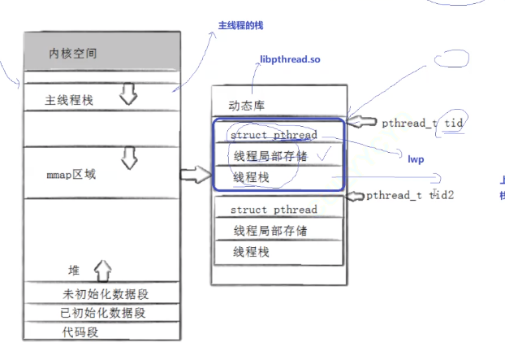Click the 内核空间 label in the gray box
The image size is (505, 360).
click(x=74, y=54)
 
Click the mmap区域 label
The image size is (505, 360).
click(x=72, y=174)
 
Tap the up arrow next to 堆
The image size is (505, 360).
click(x=103, y=269)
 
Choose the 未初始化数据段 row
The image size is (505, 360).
click(x=106, y=294)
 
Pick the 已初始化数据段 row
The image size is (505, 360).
click(x=106, y=313)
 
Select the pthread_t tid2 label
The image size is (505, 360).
click(x=409, y=196)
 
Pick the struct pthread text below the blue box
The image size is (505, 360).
click(x=273, y=210)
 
